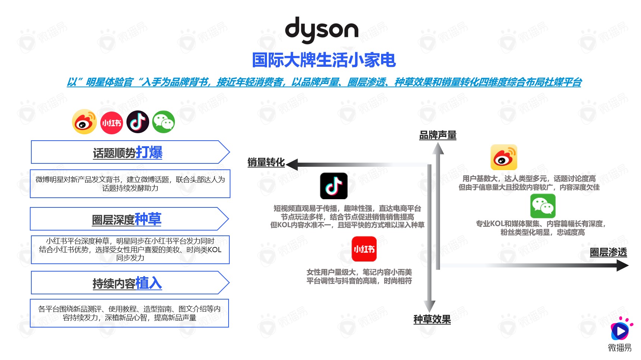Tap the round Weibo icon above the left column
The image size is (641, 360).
pyautogui.click(x=84, y=122)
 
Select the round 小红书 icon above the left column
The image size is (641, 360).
pyautogui.click(x=111, y=122)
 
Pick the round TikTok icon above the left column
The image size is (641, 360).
pyautogui.click(x=138, y=122)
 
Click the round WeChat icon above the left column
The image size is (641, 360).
pyautogui.click(x=164, y=122)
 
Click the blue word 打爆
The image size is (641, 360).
pyautogui.click(x=149, y=152)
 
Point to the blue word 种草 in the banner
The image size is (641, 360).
pyautogui.click(x=148, y=219)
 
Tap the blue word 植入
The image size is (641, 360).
pyautogui.click(x=148, y=283)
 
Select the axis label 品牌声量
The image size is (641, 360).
pyautogui.click(x=438, y=135)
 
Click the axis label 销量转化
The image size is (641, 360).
pyautogui.click(x=266, y=162)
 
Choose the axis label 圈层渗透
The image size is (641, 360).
pyautogui.click(x=608, y=252)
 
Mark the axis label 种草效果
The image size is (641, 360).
pyautogui.click(x=432, y=319)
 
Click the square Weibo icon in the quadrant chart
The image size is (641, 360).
pyautogui.click(x=504, y=157)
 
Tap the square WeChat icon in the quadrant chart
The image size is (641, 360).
pyautogui.click(x=543, y=206)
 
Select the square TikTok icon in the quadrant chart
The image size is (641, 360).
pyautogui.click(x=334, y=186)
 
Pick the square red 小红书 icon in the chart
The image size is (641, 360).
pyautogui.click(x=364, y=249)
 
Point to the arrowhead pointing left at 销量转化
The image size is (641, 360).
pyautogui.click(x=292, y=165)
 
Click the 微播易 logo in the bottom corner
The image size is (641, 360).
pyautogui.click(x=620, y=334)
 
